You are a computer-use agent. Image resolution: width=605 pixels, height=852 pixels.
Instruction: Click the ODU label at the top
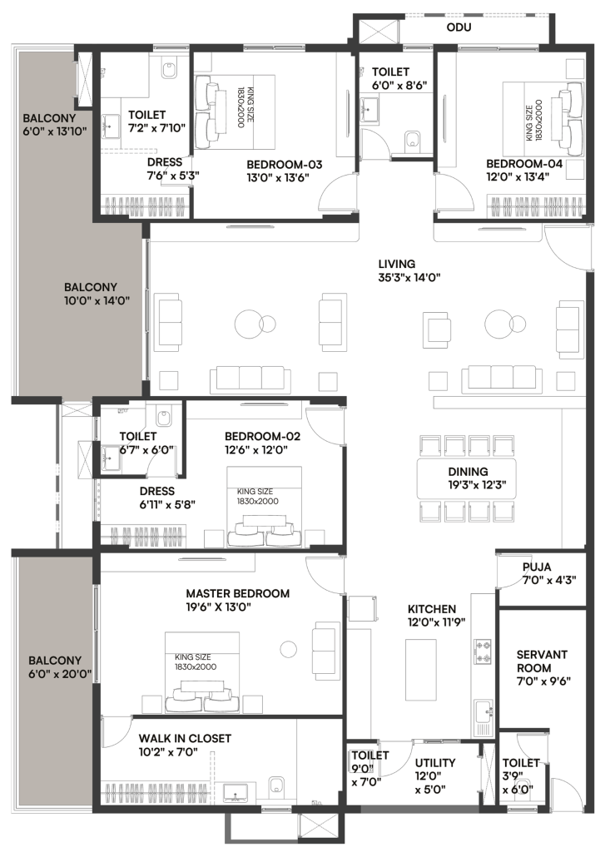pyautogui.click(x=459, y=27)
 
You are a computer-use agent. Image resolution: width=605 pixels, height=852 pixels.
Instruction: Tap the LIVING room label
pyautogui.click(x=397, y=264)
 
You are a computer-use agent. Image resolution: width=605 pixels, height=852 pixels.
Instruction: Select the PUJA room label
pyautogui.click(x=537, y=567)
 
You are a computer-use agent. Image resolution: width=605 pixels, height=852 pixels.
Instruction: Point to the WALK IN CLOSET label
pyautogui.click(x=185, y=739)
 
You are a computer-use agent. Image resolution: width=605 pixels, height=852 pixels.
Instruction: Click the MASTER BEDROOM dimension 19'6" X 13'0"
pyautogui.click(x=219, y=607)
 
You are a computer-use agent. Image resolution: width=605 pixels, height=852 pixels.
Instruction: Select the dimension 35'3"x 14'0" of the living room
pyautogui.click(x=409, y=278)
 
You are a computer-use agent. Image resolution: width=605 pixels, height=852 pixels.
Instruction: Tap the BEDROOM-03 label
pyautogui.click(x=285, y=165)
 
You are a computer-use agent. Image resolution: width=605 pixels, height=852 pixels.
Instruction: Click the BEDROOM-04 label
pyautogui.click(x=524, y=164)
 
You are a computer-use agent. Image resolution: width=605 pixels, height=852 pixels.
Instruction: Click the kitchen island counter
pyautogui.click(x=421, y=670)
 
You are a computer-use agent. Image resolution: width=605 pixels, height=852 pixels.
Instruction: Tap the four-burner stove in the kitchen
pyautogui.click(x=483, y=651)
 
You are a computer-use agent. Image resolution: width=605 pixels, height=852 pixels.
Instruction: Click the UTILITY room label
pyautogui.click(x=435, y=763)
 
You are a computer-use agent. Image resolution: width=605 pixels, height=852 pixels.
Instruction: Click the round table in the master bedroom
pyautogui.click(x=289, y=648)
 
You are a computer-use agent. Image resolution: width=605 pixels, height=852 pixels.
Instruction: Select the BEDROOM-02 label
pyautogui.click(x=262, y=436)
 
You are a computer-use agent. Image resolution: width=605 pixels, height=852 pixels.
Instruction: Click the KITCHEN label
pyautogui.click(x=432, y=609)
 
